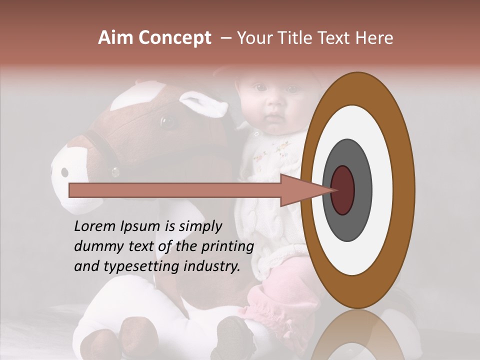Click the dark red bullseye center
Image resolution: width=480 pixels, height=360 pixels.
pos(343,190)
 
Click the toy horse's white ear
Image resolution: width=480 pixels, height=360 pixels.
pos(203,104)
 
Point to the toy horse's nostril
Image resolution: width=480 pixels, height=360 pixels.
pos(64,172)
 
